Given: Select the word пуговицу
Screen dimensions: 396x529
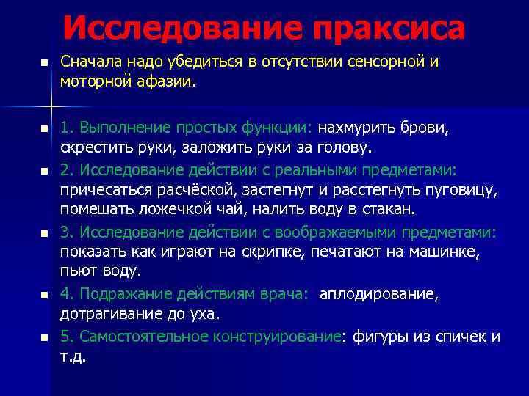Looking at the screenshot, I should pos(462,190).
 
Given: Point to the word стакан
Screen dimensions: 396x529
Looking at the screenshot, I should pos(389,210).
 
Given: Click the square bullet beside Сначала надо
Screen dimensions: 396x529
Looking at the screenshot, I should pos(44,64).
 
